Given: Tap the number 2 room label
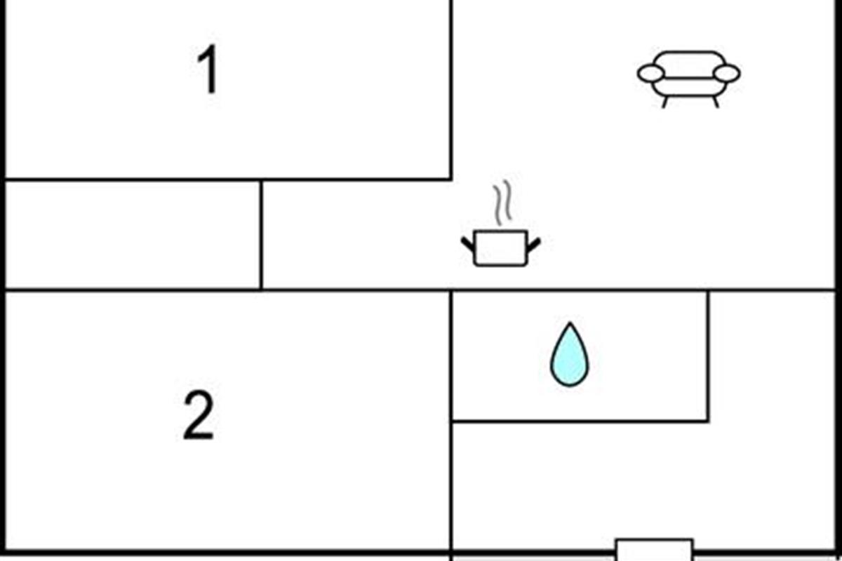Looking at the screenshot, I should [x=198, y=417].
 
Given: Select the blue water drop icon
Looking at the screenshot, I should [x=569, y=356].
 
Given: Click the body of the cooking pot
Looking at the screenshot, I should [x=500, y=248].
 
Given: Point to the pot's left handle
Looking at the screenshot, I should [x=468, y=243].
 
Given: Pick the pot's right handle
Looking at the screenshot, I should [x=533, y=243].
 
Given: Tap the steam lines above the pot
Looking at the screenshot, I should [x=501, y=204].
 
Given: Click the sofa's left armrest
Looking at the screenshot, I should [x=650, y=73].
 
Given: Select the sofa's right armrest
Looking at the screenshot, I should [x=726, y=73].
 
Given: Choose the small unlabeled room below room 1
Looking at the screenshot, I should [x=133, y=234].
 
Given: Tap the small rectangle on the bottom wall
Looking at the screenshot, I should [x=654, y=550].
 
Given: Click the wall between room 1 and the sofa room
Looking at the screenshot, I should [x=450, y=91].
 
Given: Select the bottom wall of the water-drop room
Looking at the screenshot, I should [x=580, y=421].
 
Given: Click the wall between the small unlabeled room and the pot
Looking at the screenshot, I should [x=261, y=234].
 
